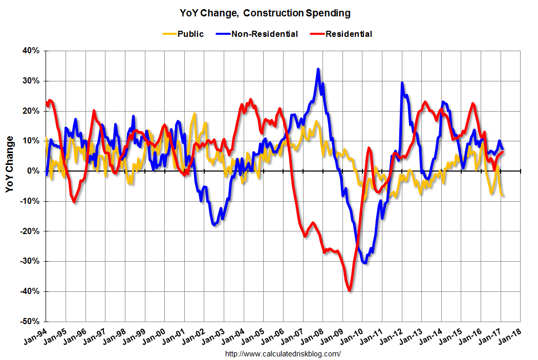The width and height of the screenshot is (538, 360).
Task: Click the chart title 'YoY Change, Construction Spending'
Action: click(265, 12)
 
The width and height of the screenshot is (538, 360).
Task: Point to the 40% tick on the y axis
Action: click(31, 51)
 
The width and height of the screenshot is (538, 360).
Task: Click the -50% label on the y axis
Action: click(30, 322)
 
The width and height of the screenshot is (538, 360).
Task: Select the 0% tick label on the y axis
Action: click(34, 171)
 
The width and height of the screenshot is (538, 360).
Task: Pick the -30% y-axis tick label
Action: click(30, 261)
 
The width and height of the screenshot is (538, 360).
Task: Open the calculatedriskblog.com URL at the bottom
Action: click(283, 354)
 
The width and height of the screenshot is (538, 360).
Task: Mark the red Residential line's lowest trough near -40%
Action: click(350, 290)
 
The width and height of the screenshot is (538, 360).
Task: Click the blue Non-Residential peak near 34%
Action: click(318, 69)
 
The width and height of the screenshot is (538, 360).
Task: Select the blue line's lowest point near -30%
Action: click(364, 262)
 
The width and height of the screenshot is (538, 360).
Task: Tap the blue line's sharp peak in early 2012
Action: click(402, 83)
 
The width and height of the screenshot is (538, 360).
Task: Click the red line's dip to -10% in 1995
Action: click(74, 202)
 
